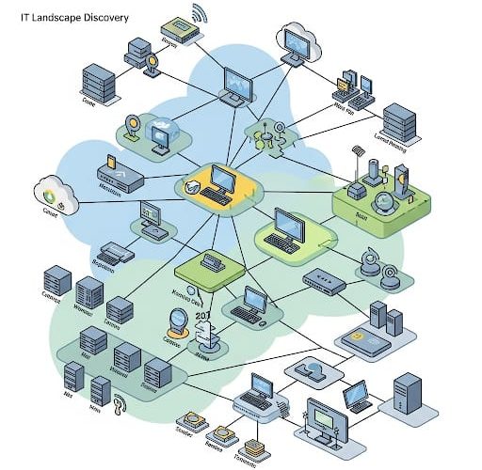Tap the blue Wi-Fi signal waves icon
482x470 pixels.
pos(198,14)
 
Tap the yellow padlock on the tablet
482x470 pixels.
pos(358,336)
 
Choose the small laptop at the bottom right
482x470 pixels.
pos(357,397)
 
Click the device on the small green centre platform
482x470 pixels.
pos(210,262)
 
